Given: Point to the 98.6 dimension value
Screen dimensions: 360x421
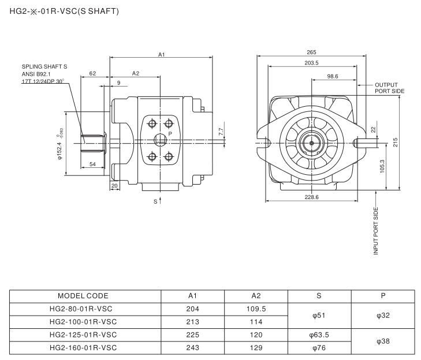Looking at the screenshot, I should pos(333,76).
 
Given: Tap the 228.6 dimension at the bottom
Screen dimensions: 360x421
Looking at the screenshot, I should pos(311,197).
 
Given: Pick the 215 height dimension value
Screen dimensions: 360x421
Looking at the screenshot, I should pos(396,142).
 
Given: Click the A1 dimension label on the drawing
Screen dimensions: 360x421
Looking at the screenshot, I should pos(162,54).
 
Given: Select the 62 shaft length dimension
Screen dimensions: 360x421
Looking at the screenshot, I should pos(92,74).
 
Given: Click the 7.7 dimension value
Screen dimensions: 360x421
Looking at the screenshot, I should pos(221,132).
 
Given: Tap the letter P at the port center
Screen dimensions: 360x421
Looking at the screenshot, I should pos(170,134).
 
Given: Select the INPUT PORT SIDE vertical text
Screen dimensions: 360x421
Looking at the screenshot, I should pos(375,231).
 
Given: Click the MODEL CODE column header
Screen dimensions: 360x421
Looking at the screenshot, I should pos(83,295).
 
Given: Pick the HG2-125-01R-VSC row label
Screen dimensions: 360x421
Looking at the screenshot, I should pos(83,334).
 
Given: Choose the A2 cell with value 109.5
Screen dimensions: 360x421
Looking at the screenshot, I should pos(255,309).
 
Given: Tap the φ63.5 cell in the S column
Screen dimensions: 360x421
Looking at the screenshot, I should pos(319,334).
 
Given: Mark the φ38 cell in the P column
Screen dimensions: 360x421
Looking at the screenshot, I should pos(383,341).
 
